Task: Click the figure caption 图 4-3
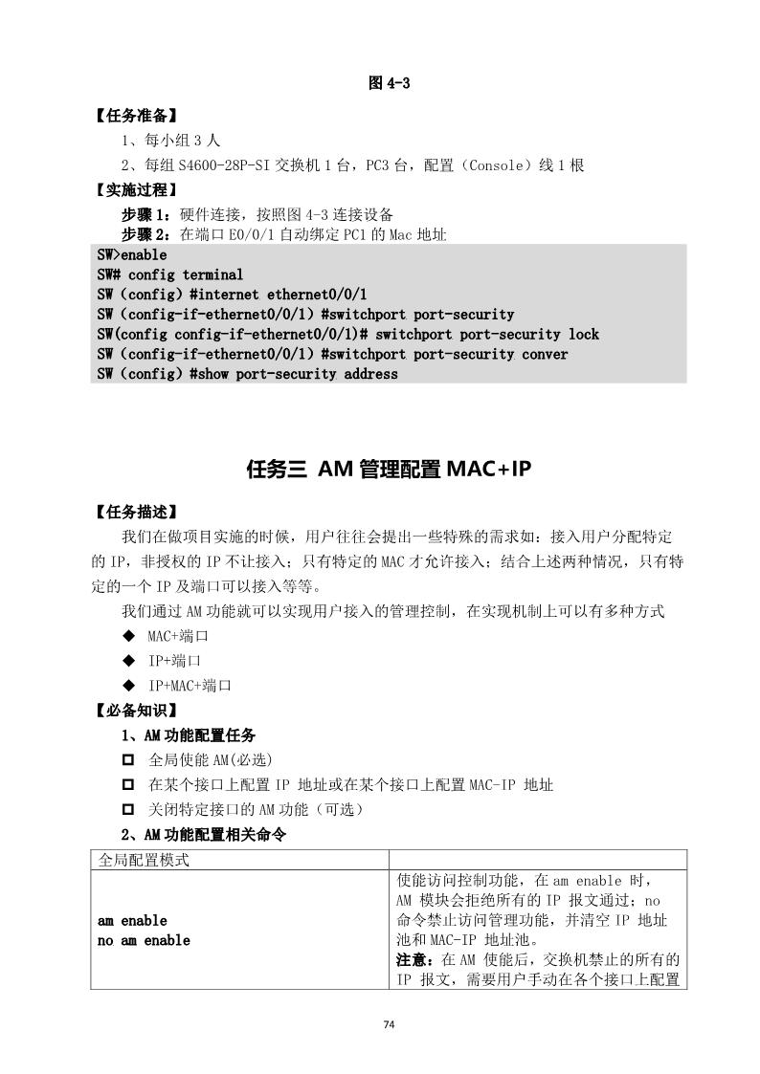[x=389, y=83]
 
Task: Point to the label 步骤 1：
[x=148, y=212]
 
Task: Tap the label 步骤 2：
[x=148, y=233]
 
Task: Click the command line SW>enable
[x=132, y=255]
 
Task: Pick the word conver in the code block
[x=545, y=354]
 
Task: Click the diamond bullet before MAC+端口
[x=128, y=636]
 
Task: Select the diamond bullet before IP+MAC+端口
[x=128, y=686]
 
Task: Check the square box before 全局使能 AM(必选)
[x=128, y=760]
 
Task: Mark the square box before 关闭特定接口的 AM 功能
[x=128, y=810]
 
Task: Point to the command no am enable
[x=144, y=941]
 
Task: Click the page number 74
[x=389, y=1024]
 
